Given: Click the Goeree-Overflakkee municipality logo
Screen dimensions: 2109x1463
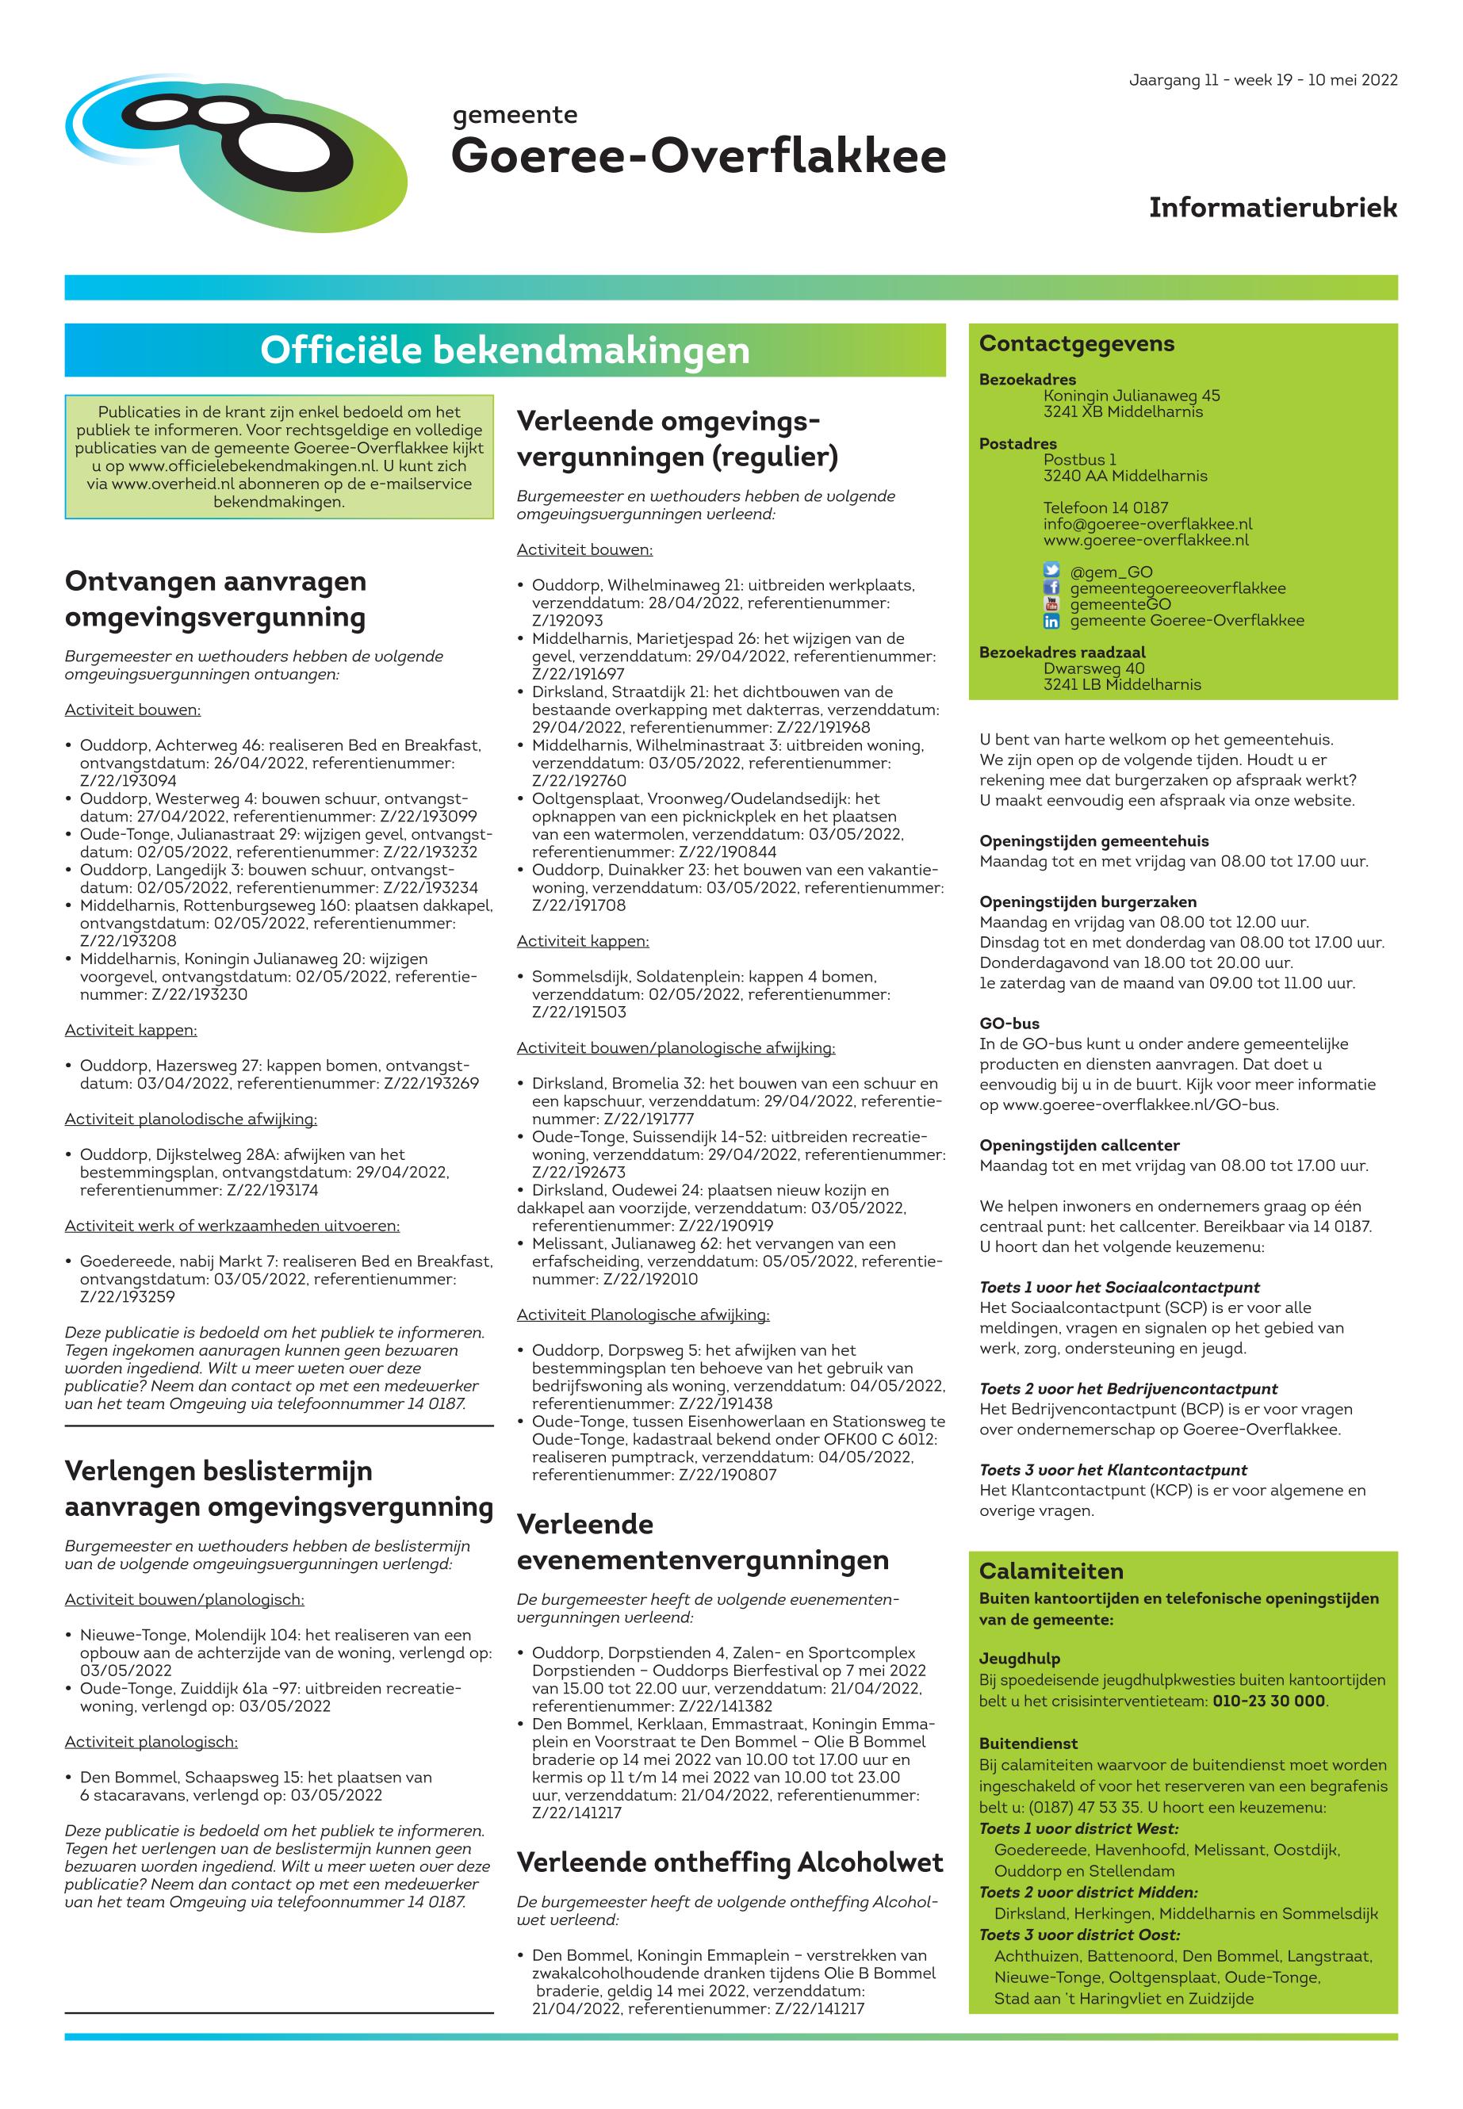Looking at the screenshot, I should coord(236,151).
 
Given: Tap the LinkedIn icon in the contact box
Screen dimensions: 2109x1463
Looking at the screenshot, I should coord(1051,622).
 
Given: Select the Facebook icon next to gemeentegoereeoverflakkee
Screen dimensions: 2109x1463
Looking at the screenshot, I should coord(1051,588).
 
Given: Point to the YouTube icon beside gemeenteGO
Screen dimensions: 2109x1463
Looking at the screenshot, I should coord(1051,605).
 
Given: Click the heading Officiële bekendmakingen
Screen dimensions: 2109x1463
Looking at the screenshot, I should coord(504,350).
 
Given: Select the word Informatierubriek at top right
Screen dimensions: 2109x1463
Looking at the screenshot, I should coord(1273,208).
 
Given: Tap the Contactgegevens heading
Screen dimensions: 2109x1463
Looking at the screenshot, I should coord(1076,344).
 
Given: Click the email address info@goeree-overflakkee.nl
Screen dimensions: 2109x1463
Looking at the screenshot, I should coord(1147,524).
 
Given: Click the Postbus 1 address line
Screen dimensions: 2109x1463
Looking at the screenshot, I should coord(1079,460).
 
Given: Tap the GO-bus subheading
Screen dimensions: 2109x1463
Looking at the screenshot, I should coord(1009,1024).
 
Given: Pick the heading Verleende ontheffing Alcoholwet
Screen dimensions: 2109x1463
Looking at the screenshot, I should coord(730,1862).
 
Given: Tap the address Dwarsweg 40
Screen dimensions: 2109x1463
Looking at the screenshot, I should coord(1093,668).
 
